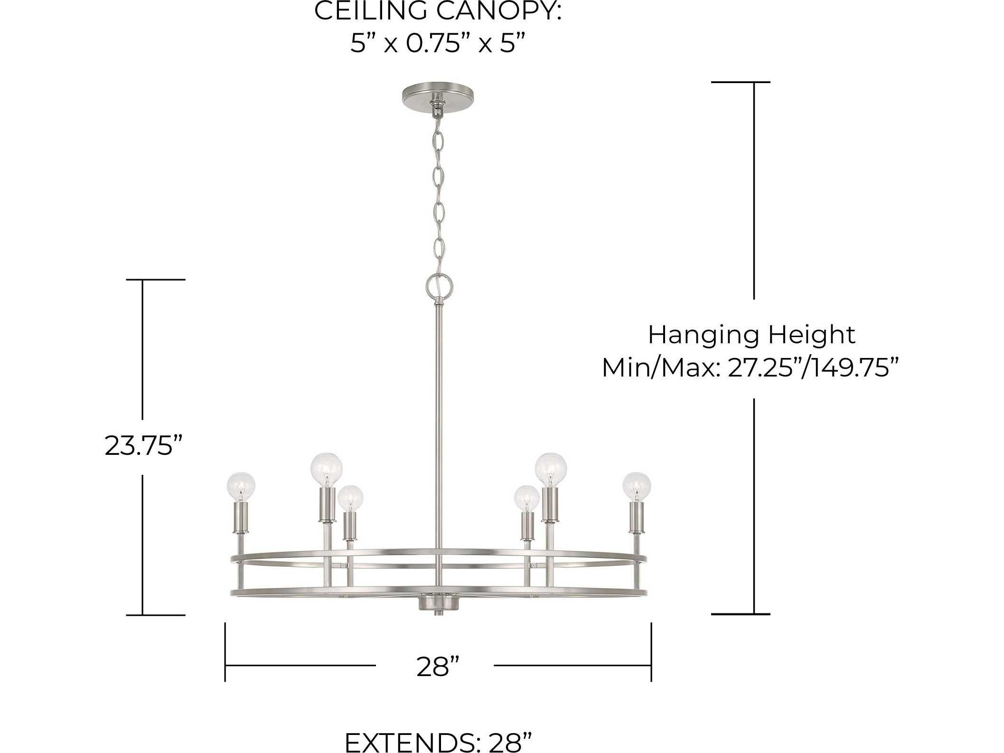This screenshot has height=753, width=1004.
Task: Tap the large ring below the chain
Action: click(438, 286)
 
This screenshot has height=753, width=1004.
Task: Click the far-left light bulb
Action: click(241, 486)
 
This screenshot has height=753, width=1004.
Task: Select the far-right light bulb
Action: click(637, 486)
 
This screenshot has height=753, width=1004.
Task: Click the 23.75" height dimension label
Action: click(143, 446)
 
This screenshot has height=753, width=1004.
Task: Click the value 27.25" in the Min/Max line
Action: click(763, 368)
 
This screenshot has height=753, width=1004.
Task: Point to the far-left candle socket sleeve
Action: click(242, 518)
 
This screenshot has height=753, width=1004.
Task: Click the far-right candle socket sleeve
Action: click(636, 518)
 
